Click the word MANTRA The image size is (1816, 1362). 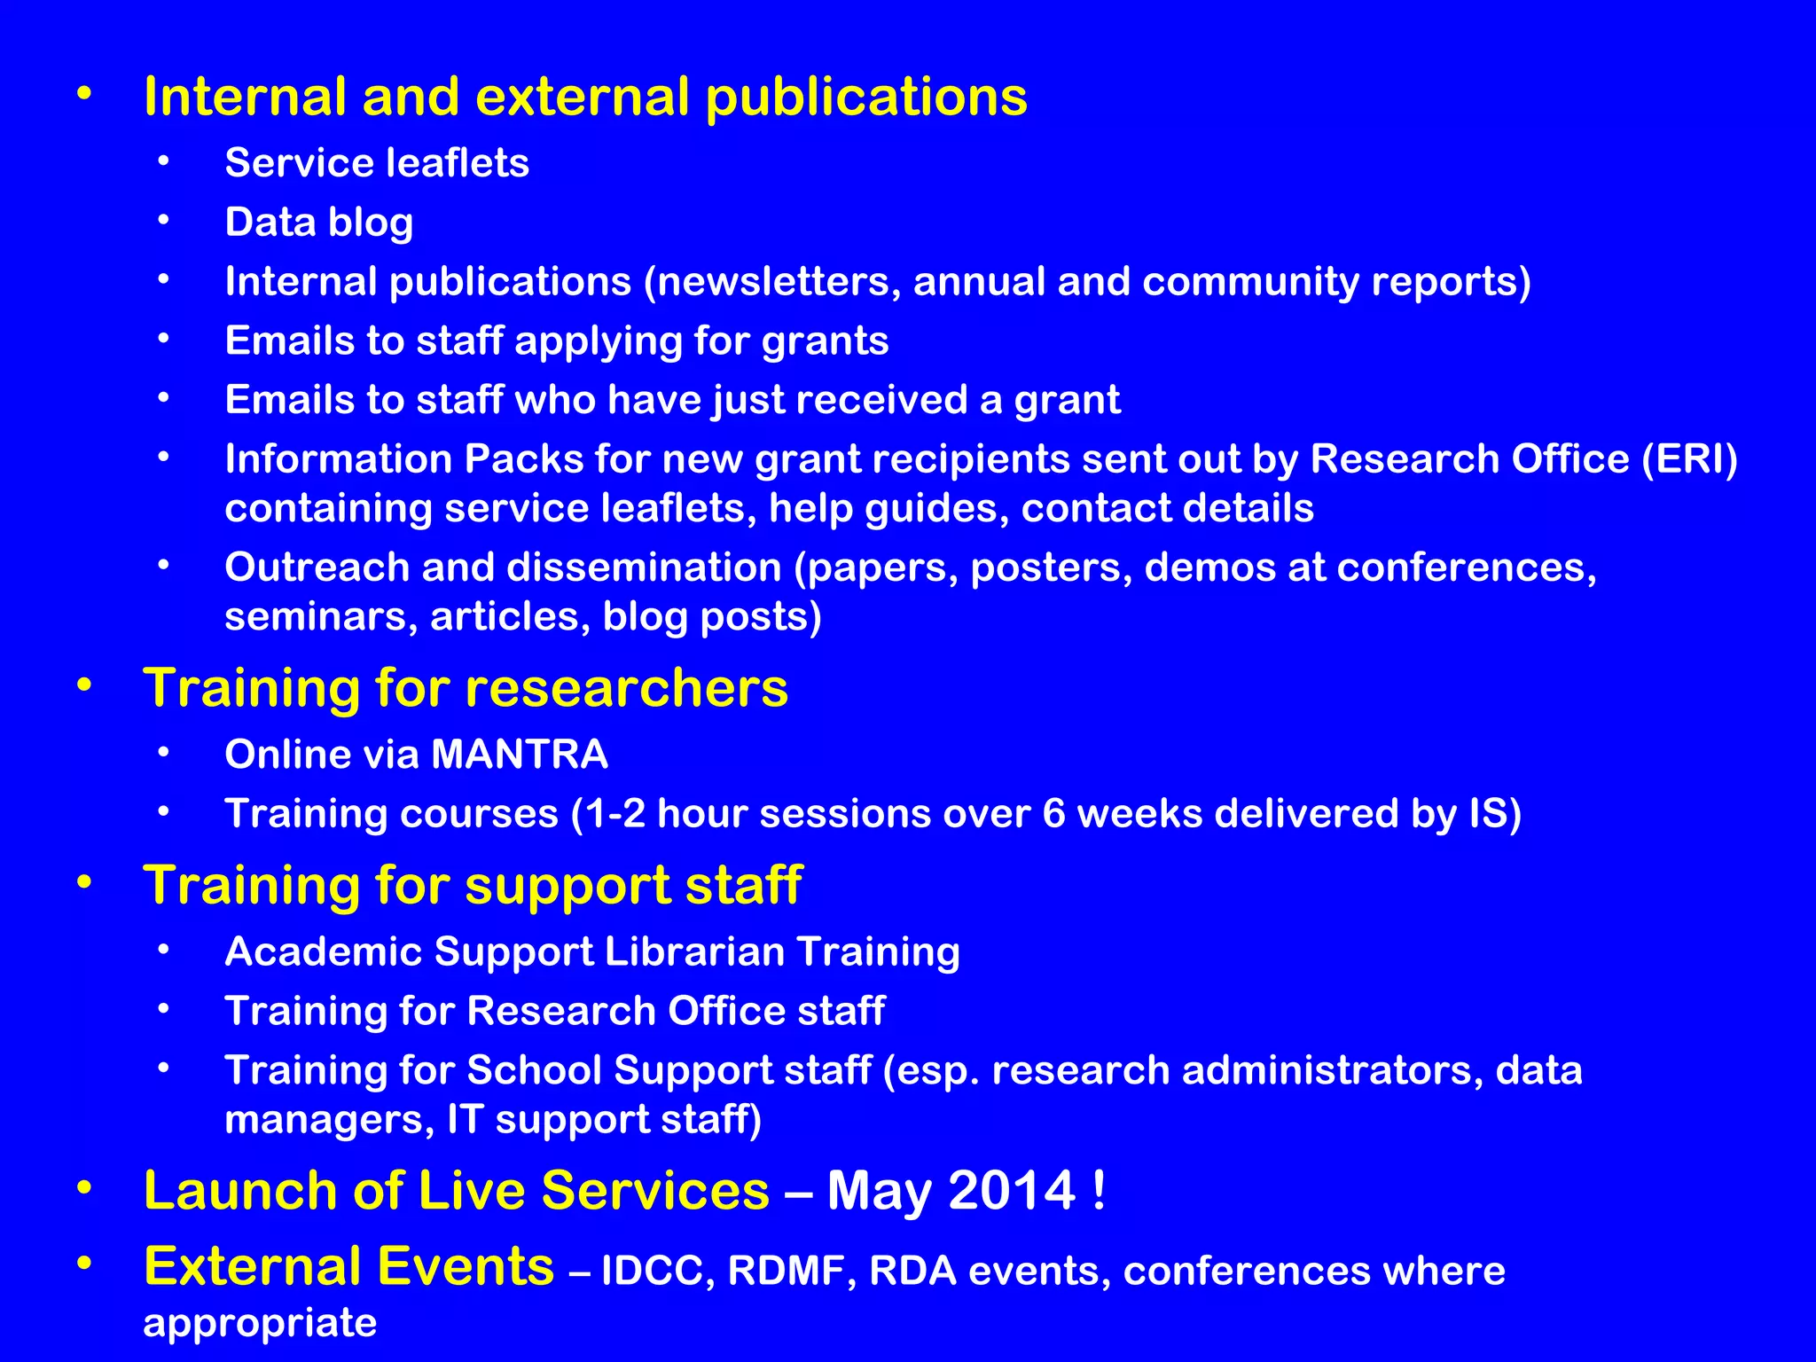pos(519,755)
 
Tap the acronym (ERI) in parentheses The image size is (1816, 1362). pos(1689,459)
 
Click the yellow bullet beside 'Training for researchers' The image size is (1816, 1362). pos(83,685)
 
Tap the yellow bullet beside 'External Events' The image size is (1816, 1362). pos(83,1263)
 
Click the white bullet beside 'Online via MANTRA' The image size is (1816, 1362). pos(163,754)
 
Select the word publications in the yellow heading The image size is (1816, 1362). pos(866,98)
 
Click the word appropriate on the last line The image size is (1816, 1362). pos(260,1322)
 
